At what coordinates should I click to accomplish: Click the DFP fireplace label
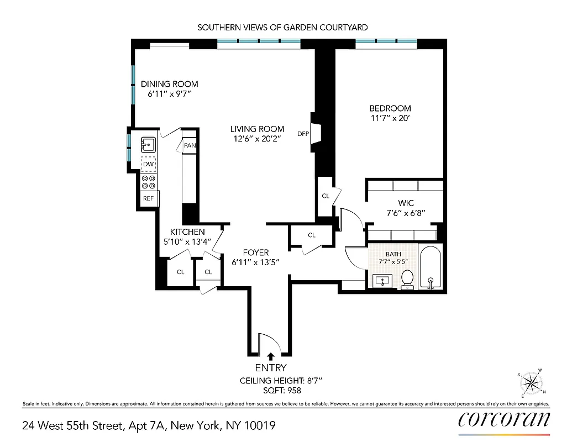point(303,134)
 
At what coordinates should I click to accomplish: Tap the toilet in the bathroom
point(407,279)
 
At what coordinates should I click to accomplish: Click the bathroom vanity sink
point(382,281)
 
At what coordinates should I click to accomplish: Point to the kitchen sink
point(149,144)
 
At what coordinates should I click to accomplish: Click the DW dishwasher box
point(149,164)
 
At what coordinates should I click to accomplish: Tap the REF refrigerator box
point(149,198)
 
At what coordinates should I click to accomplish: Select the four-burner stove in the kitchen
point(149,181)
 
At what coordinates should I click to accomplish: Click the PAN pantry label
point(190,146)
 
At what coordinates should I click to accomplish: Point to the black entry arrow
point(271,357)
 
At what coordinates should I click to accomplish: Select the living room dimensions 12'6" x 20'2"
point(257,139)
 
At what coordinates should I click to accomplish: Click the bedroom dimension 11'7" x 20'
point(390,118)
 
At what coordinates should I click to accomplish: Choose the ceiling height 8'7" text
point(280,381)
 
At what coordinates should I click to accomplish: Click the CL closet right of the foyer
point(312,235)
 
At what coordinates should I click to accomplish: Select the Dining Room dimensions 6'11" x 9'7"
point(169,94)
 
